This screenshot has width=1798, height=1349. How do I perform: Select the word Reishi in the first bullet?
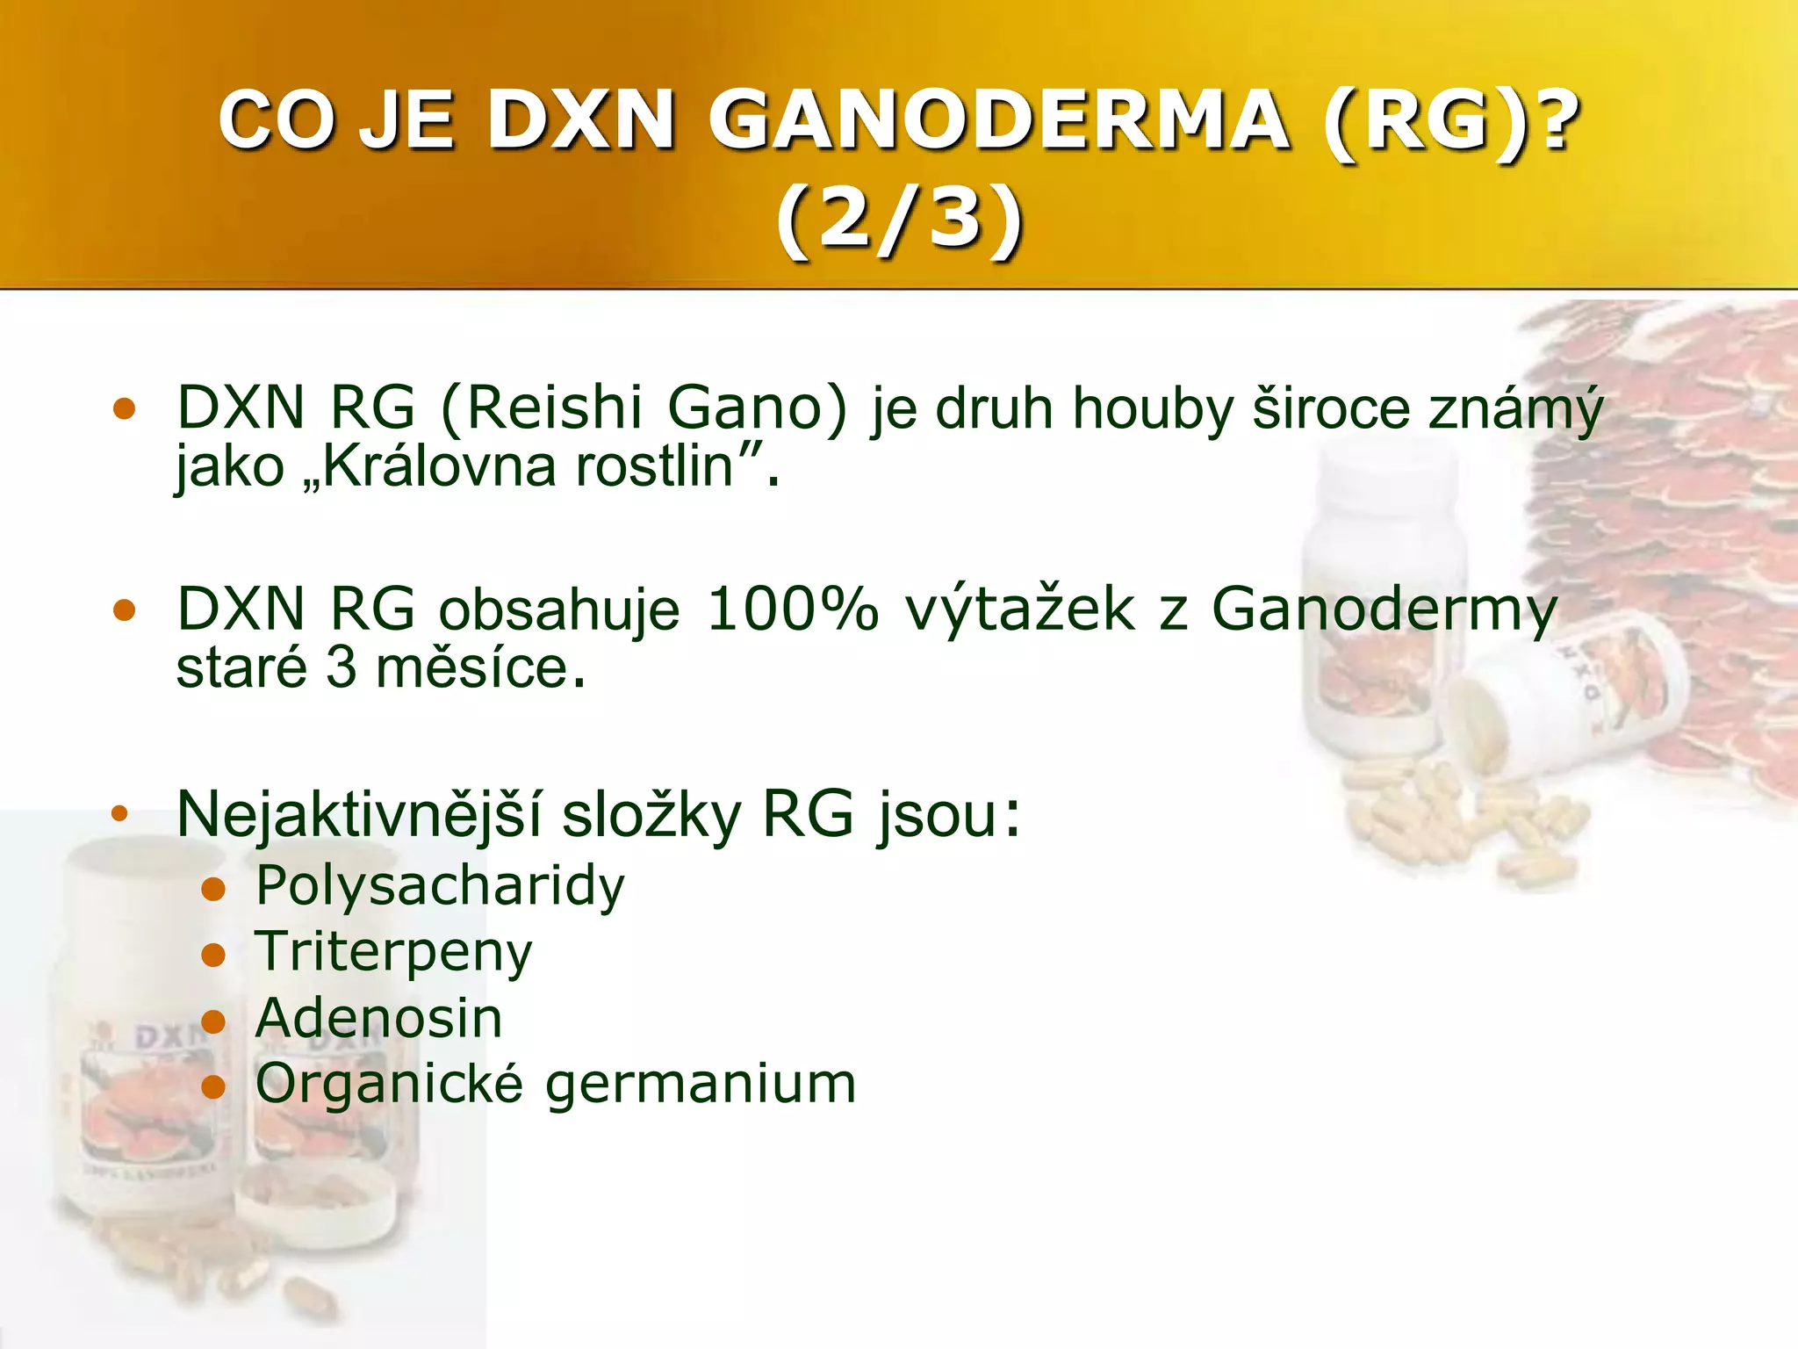[541, 408]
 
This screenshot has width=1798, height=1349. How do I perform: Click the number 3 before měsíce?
[342, 667]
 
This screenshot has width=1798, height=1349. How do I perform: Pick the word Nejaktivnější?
[359, 815]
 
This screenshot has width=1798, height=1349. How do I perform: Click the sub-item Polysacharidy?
[440, 886]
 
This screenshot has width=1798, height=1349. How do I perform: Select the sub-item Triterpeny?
[393, 952]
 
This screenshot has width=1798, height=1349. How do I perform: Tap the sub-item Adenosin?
[378, 1018]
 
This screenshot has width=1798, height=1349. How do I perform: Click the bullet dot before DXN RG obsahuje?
[125, 610]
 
